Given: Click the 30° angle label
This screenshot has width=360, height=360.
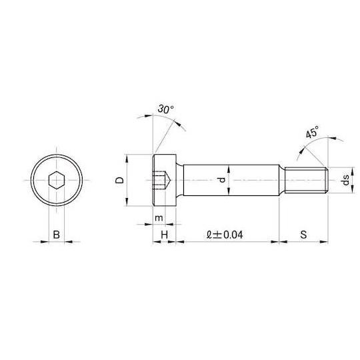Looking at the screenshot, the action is tap(166, 109).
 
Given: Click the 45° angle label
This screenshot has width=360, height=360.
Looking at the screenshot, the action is tap(313, 132).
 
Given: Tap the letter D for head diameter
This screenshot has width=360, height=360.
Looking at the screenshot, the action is tap(119, 180).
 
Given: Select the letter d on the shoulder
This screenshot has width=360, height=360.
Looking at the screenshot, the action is tap(222, 180).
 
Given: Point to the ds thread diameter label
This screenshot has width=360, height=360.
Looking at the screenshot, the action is tap(345, 180).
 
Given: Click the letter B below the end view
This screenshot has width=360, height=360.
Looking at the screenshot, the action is tap(57, 235).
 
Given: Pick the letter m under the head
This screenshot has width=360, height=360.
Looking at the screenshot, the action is tap(159, 218).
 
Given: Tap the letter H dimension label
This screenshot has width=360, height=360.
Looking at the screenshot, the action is tap(165, 235).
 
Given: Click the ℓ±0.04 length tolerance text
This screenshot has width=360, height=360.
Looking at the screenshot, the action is tap(225, 235).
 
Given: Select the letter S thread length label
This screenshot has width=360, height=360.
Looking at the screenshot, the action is tap(303, 235).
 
